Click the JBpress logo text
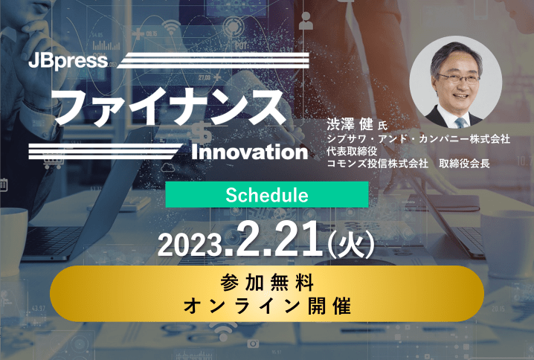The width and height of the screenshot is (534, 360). [68, 61]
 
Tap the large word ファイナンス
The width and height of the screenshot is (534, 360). [170, 107]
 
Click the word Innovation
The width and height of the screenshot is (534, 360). [250, 152]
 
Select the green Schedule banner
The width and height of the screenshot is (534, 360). [267, 194]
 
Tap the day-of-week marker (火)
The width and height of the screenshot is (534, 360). [350, 242]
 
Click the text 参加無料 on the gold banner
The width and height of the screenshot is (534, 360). [267, 283]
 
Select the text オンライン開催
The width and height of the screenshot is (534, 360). [267, 306]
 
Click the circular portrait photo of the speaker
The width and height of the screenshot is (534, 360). [455, 83]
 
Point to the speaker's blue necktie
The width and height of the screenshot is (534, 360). [460, 123]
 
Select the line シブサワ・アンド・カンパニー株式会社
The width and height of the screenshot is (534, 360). [418, 138]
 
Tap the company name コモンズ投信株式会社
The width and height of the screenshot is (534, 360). [377, 164]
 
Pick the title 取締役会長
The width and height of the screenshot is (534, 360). [464, 164]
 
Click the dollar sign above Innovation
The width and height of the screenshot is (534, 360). [202, 133]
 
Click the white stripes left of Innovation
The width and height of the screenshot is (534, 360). [105, 152]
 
